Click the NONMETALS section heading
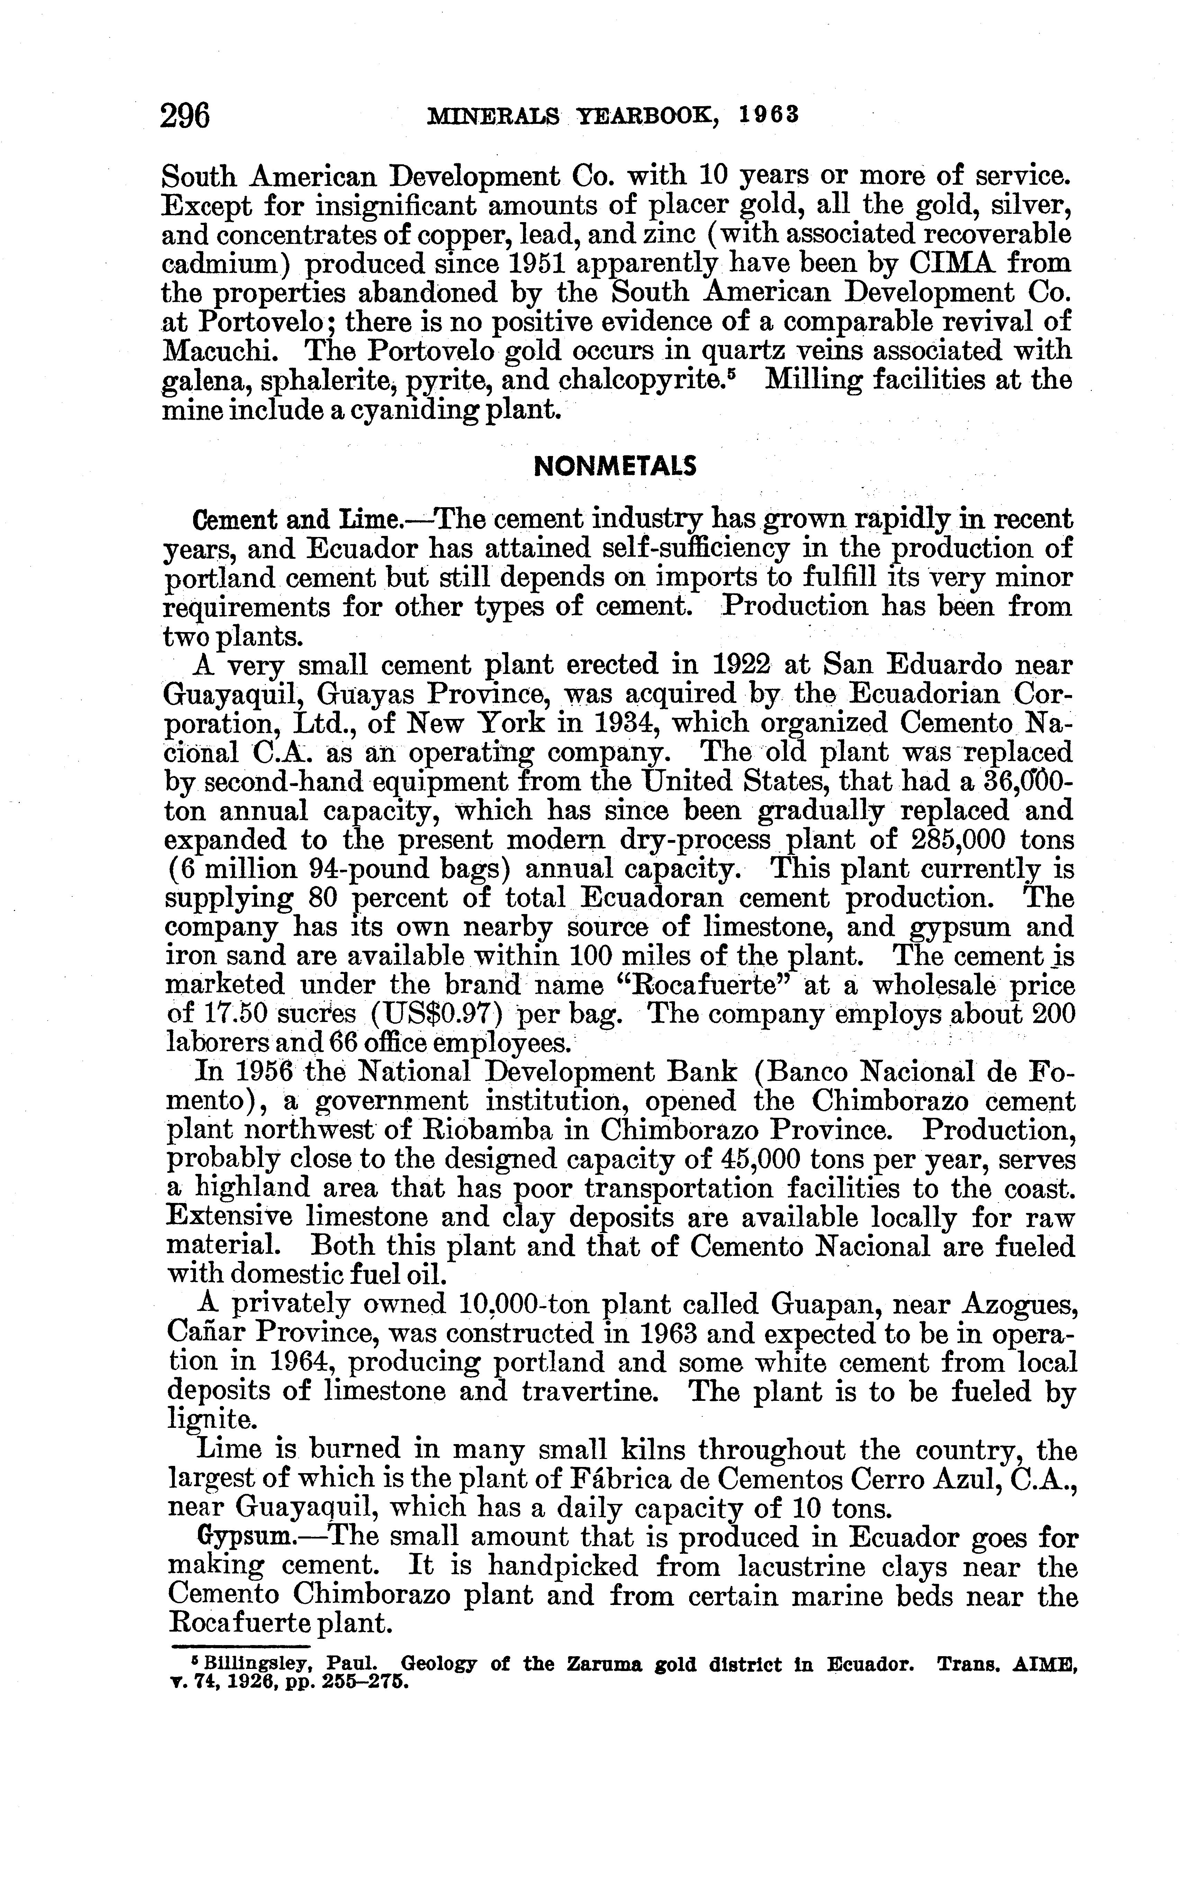(x=614, y=466)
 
